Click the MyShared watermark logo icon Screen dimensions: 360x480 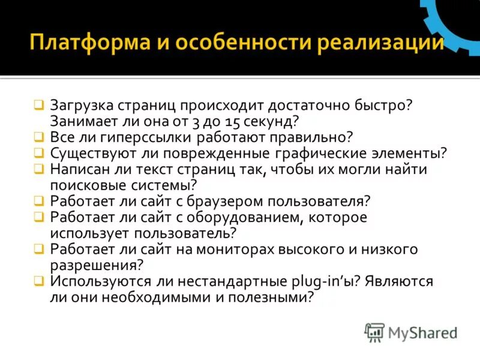click(374, 332)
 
